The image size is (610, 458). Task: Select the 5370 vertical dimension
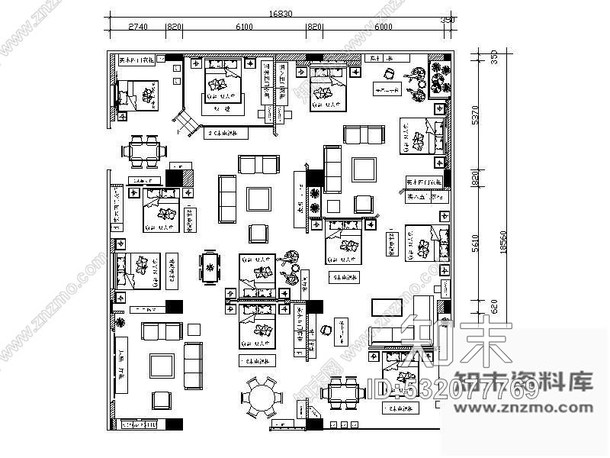pyautogui.click(x=475, y=115)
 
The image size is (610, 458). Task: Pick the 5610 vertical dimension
pyautogui.click(x=475, y=243)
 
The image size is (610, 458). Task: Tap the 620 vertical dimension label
pyautogui.click(x=475, y=307)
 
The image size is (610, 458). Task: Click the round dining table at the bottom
pyautogui.click(x=260, y=397)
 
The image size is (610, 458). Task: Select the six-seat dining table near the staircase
pyautogui.click(x=143, y=150)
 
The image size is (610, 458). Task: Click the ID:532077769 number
pyautogui.click(x=453, y=390)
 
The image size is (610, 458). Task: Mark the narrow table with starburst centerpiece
pyautogui.click(x=210, y=266)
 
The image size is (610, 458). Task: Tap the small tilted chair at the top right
pyautogui.click(x=390, y=74)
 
